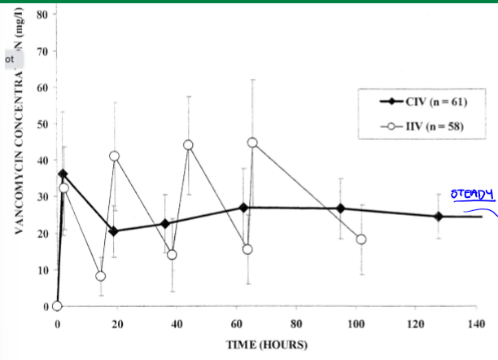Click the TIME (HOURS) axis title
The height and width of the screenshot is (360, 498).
point(266,345)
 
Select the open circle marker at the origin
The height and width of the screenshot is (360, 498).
point(57,306)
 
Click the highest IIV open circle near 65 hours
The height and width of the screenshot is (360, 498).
point(252,143)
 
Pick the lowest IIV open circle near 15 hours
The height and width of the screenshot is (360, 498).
point(100,276)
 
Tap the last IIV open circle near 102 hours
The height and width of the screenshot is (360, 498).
point(361,239)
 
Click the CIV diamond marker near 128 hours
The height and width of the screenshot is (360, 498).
point(438,217)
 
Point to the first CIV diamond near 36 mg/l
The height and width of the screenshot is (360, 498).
point(63,174)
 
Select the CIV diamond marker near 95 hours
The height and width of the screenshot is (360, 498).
point(340,209)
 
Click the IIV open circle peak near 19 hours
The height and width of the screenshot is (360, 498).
point(114,156)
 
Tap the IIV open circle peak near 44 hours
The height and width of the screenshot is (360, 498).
point(188,145)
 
